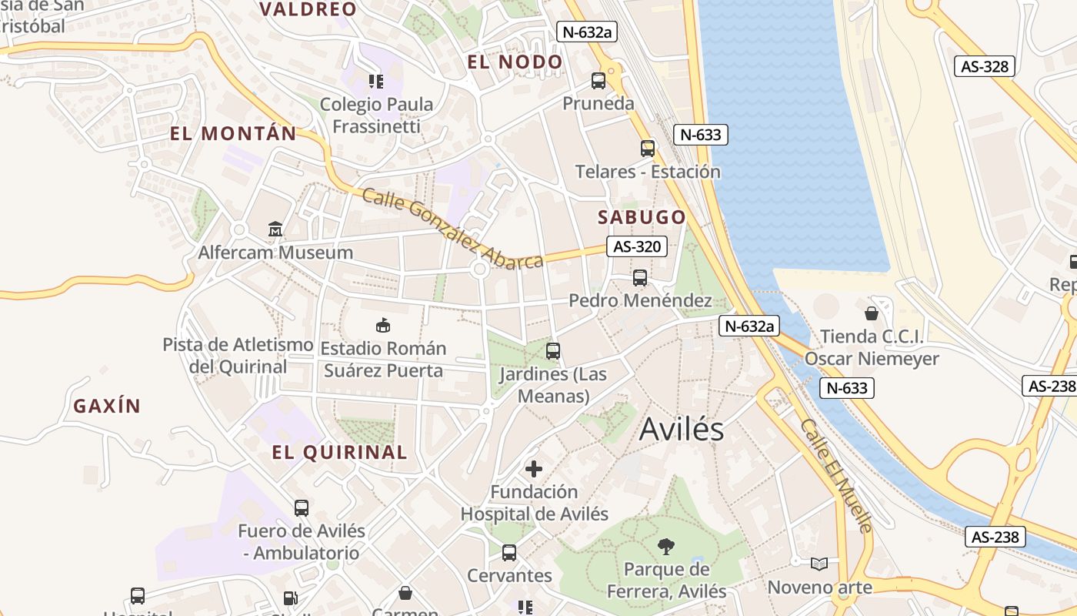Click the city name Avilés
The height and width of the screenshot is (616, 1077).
click(x=682, y=430)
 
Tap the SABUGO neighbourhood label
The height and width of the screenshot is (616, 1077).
click(x=642, y=217)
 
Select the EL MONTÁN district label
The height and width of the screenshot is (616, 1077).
click(x=233, y=133)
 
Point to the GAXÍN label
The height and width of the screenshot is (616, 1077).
click(x=107, y=406)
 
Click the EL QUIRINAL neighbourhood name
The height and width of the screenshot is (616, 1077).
click(x=339, y=452)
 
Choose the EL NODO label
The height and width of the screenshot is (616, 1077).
click(x=515, y=62)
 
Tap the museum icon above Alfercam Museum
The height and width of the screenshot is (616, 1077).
click(x=275, y=229)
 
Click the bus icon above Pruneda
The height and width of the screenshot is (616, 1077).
click(x=599, y=80)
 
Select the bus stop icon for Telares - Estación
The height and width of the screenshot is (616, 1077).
click(x=648, y=148)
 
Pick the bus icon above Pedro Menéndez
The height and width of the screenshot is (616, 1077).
click(x=640, y=277)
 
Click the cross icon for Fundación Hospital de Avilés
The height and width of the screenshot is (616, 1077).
click(x=534, y=468)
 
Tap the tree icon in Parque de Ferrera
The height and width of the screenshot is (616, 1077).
click(x=666, y=547)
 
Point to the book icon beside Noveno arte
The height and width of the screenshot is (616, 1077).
click(x=819, y=564)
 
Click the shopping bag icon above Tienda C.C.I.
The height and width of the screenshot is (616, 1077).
click(x=872, y=313)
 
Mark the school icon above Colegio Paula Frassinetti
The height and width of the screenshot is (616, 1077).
click(x=376, y=81)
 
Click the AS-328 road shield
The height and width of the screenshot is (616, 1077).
click(x=985, y=66)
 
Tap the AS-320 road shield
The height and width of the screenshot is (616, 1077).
click(x=636, y=246)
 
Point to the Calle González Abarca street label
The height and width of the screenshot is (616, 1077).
click(x=453, y=229)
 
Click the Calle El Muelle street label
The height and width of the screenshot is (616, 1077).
click(x=836, y=476)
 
